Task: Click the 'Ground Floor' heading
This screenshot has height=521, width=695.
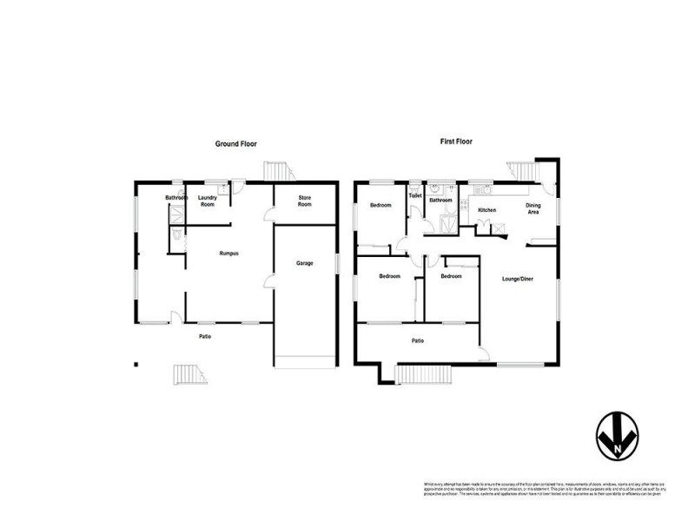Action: click(235, 143)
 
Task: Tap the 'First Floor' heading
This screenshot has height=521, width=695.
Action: click(455, 142)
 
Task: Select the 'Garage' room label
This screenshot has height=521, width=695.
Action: click(304, 262)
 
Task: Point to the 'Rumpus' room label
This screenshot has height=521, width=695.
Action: click(228, 253)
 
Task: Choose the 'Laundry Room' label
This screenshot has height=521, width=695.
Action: click(207, 201)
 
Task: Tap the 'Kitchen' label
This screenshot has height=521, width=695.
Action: click(486, 211)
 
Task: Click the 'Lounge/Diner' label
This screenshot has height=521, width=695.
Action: click(519, 279)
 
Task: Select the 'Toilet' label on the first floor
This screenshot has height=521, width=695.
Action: click(415, 196)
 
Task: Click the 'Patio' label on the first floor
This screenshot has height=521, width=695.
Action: click(418, 340)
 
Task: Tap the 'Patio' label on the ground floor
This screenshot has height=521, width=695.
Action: click(204, 336)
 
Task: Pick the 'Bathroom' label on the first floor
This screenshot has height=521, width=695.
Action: click(440, 201)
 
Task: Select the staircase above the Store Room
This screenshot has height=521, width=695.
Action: click(276, 169)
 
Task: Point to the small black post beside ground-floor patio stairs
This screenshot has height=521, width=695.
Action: click(136, 364)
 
